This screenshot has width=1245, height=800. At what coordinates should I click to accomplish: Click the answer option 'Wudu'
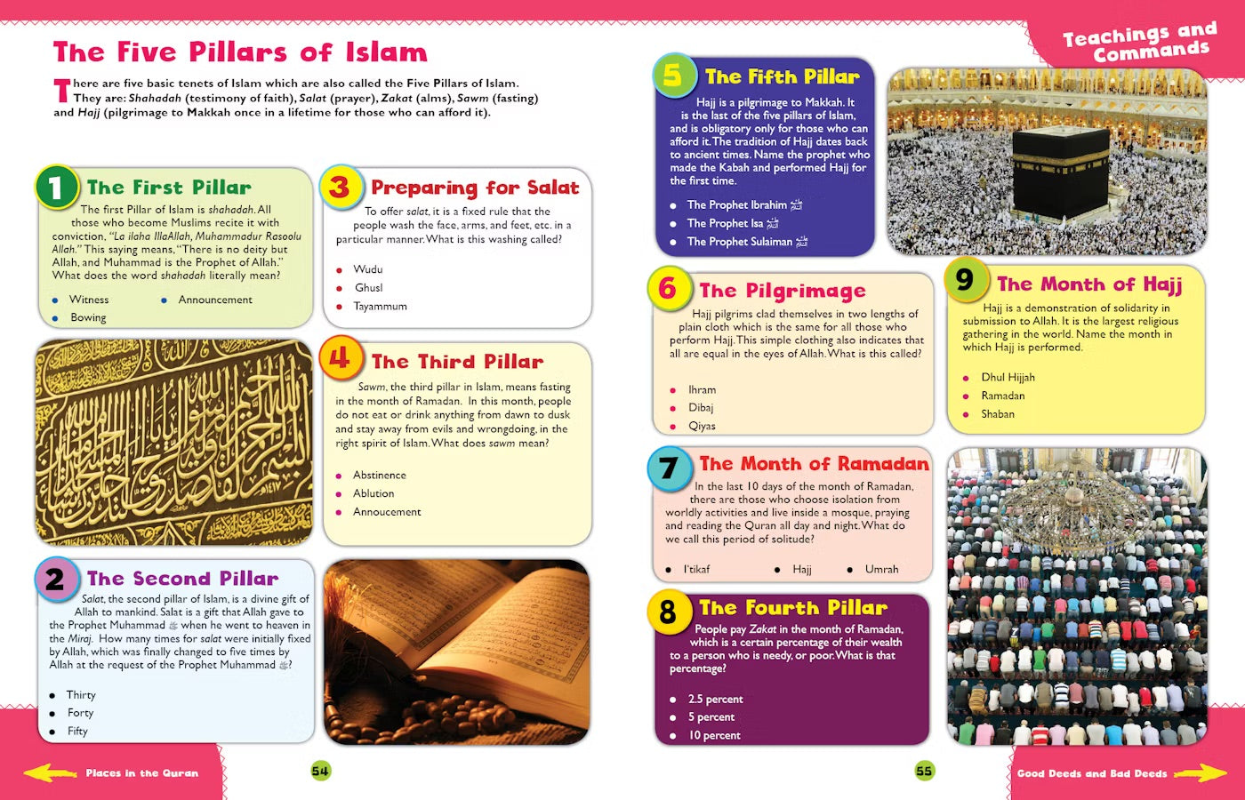367,269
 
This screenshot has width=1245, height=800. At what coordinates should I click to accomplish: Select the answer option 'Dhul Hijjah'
1007,378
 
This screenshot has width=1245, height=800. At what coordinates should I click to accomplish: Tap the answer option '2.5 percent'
715,700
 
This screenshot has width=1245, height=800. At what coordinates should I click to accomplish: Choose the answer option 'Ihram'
702,390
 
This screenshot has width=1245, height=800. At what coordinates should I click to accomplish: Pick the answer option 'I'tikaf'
696,570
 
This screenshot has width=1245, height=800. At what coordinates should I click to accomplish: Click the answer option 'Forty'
80,713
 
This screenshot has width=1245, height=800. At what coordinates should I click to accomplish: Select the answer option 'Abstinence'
379,476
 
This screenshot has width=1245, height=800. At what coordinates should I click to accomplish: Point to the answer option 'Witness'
89,300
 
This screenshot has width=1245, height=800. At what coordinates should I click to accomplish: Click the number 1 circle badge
56,187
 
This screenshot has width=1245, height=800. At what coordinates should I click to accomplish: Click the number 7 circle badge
669,468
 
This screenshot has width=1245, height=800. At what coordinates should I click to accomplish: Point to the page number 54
320,772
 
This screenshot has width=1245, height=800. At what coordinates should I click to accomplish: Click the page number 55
924,772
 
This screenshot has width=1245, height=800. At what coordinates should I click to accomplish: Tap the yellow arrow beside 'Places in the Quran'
50,773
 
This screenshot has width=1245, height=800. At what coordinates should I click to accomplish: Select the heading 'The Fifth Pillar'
782,77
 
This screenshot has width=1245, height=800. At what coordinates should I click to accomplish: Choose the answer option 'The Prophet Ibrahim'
736,205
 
